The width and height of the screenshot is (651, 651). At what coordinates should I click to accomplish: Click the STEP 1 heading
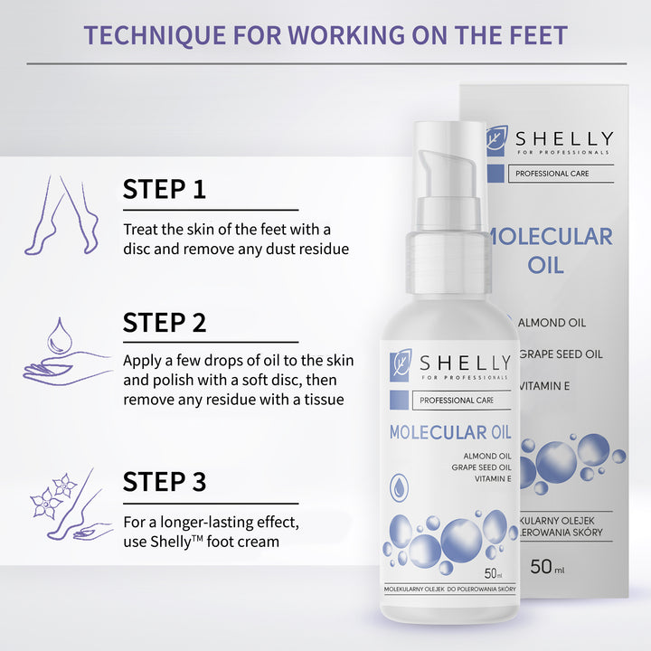click(165, 189)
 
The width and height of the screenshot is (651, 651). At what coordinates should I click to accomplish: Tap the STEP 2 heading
click(165, 323)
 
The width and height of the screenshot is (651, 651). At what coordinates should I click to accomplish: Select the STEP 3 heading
click(165, 481)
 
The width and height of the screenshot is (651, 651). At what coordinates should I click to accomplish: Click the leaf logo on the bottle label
click(401, 363)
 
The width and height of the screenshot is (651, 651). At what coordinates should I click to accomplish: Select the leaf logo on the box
click(495, 139)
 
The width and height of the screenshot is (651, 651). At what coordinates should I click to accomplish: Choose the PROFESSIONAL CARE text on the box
click(554, 173)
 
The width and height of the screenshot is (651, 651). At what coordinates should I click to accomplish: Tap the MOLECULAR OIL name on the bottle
click(451, 431)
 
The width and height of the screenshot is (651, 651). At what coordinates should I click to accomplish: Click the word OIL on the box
click(545, 265)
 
